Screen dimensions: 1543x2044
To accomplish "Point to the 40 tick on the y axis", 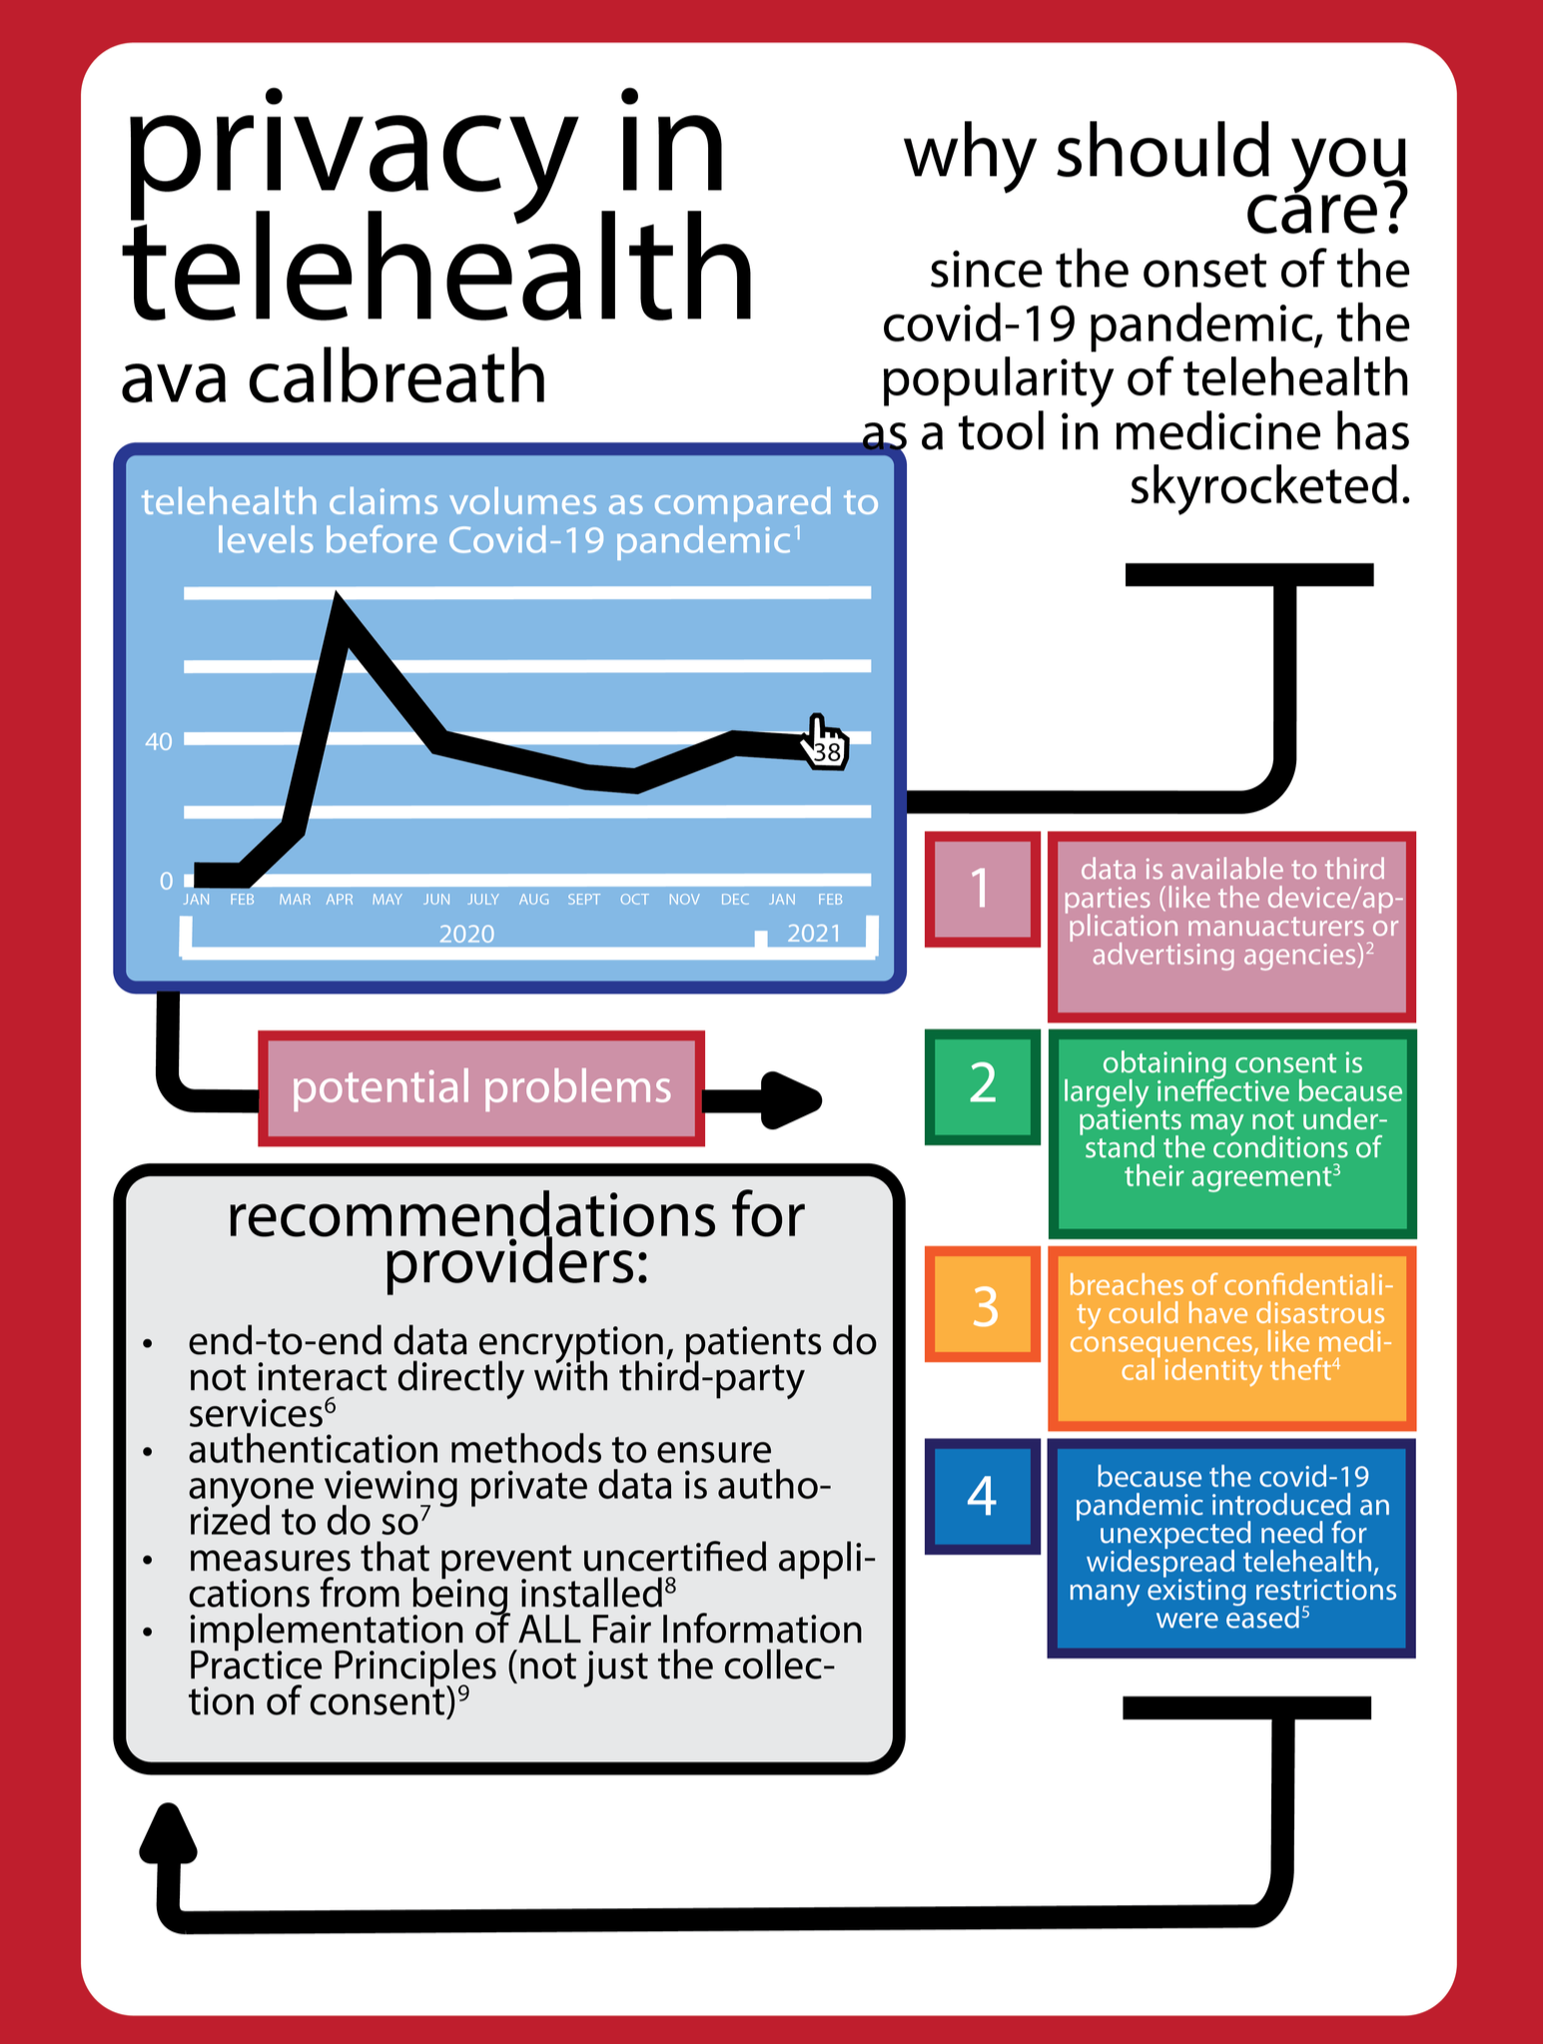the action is tap(158, 741).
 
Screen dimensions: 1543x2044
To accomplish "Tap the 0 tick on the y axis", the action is tap(166, 881).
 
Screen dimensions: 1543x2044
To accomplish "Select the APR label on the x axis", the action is tap(340, 900).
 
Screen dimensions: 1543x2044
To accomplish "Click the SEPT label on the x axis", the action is tap(583, 900).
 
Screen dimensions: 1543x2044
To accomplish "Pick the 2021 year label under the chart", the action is tap(814, 934).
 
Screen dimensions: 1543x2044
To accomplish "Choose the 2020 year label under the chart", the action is tap(466, 934).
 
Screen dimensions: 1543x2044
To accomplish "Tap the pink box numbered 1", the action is tap(982, 888).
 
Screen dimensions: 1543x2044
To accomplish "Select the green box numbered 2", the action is tap(982, 1084).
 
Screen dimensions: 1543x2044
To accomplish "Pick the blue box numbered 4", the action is tap(982, 1496).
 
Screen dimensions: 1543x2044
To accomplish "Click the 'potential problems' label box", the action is tap(481, 1087).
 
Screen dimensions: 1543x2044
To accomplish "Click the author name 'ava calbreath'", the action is tap(334, 378).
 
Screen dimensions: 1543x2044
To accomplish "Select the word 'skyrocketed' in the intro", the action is tap(1269, 486).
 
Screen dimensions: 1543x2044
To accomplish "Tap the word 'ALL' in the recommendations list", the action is tap(550, 1630).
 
